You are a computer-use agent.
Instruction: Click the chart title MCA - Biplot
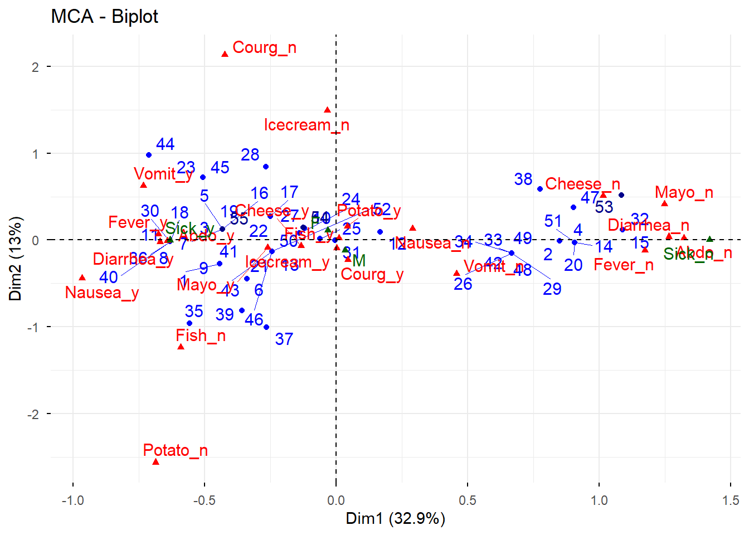click(x=104, y=17)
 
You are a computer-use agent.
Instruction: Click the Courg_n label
click(x=264, y=48)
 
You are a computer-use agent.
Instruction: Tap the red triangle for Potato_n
click(x=156, y=461)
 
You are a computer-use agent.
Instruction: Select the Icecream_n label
click(x=307, y=125)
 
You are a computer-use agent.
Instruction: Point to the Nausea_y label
click(x=102, y=293)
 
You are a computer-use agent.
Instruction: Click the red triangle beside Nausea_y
click(x=82, y=278)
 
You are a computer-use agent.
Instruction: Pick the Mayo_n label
click(x=684, y=193)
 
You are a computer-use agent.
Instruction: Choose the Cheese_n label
click(x=582, y=184)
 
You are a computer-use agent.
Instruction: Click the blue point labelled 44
click(x=149, y=155)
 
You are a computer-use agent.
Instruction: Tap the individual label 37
click(x=284, y=339)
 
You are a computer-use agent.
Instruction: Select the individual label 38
click(x=523, y=179)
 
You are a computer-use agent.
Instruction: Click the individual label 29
click(x=552, y=289)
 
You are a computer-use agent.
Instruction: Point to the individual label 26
click(x=463, y=284)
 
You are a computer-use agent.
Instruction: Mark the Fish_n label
click(x=201, y=335)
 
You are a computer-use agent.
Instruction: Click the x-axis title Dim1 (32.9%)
click(x=395, y=519)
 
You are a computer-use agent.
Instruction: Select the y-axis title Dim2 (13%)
click(x=15, y=259)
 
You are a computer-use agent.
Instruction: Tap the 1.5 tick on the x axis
click(x=731, y=500)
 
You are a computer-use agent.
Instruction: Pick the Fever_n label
click(x=624, y=265)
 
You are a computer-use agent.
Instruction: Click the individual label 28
click(x=250, y=155)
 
